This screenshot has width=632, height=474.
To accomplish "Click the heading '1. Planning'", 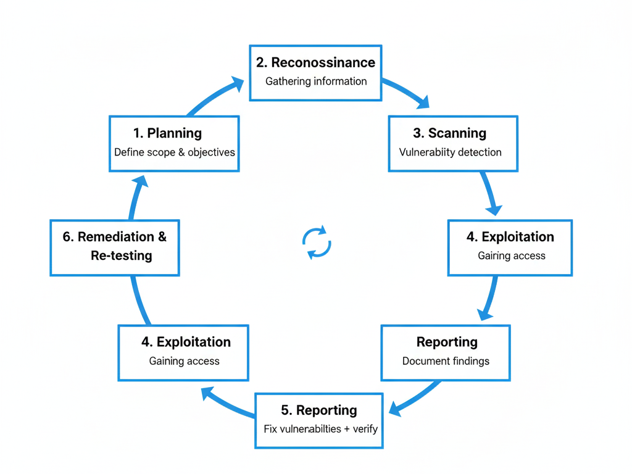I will click(167, 133).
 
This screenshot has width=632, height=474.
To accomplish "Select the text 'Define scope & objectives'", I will click(175, 152).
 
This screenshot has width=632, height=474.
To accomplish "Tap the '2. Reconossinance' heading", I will click(315, 62).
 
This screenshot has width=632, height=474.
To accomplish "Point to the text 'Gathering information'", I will click(316, 81).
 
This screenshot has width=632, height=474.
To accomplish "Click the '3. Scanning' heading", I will click(449, 133).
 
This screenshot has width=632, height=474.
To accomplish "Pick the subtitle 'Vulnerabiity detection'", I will click(450, 152).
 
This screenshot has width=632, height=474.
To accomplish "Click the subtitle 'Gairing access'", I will click(512, 256).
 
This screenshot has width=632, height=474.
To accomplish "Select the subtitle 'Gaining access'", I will click(184, 361).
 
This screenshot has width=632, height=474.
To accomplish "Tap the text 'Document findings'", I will click(446, 361).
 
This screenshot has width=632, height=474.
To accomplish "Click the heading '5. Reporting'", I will click(318, 410).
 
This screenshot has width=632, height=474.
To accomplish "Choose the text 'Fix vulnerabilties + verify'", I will click(320, 429).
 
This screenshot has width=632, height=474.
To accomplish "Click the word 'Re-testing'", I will click(121, 256).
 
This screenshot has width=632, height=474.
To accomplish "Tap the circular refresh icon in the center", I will click(317, 242).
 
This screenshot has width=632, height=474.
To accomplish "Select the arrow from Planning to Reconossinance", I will click(215, 96).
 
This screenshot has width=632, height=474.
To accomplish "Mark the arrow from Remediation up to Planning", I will click(135, 197).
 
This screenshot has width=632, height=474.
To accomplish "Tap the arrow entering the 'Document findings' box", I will click(489, 299).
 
